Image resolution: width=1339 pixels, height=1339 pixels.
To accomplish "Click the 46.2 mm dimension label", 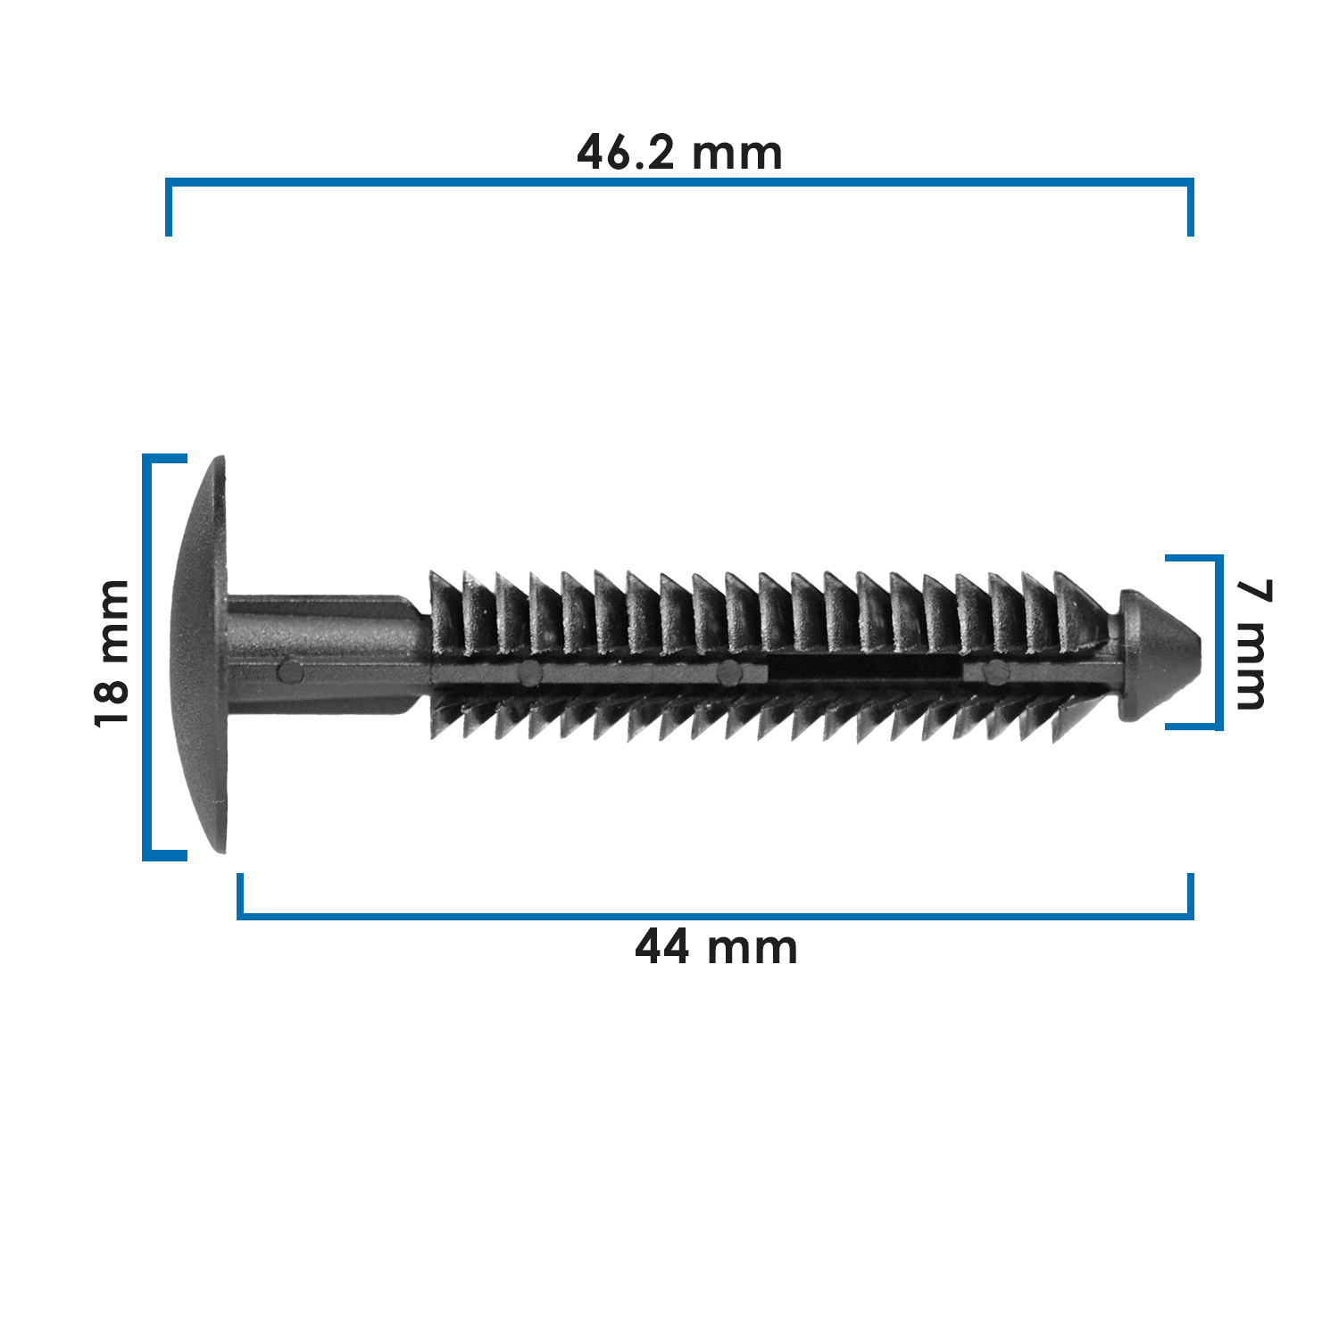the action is pos(680,153).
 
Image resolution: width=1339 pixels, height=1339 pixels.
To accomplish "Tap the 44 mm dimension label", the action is pos(716,947).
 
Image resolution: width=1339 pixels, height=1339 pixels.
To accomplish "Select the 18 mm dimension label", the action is pos(112,653).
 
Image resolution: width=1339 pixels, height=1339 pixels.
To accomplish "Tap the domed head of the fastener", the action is pos(200,654).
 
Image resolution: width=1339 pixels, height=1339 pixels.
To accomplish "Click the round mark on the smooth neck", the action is pos(289,670).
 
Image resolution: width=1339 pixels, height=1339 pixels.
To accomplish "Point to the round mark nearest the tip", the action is pos(995,673).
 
